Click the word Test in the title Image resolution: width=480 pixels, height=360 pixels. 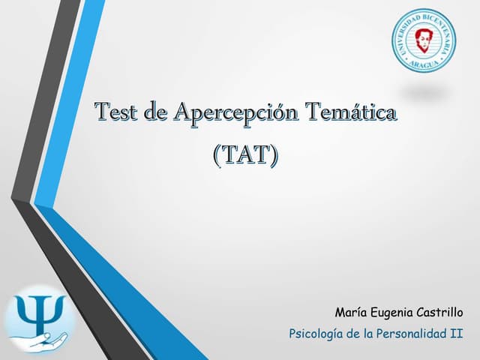117,113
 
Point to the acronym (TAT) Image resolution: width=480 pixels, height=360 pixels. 245,155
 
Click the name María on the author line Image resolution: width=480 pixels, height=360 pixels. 350,311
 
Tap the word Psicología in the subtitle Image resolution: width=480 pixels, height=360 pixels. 314,331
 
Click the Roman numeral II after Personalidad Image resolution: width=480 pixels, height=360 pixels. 457,331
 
